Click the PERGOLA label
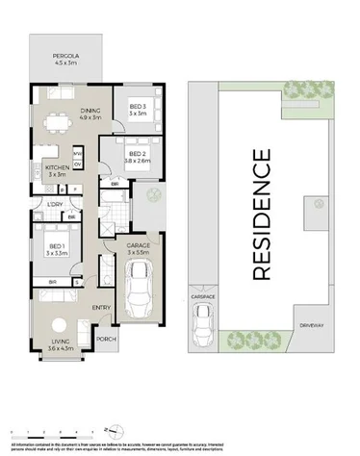tap(64, 57)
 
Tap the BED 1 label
tap(55, 248)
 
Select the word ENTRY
tap(101, 308)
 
